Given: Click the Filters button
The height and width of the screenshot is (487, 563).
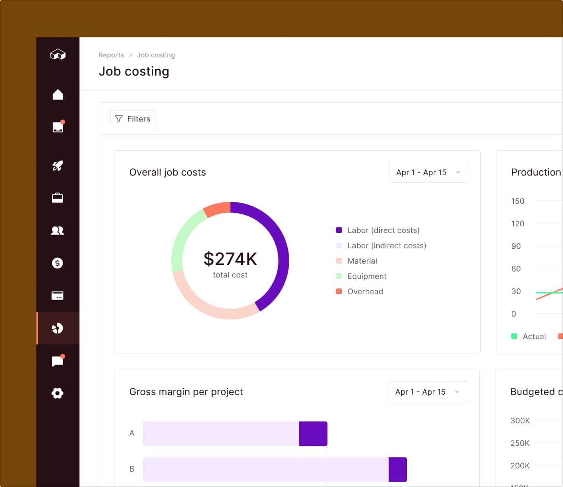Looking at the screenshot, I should pyautogui.click(x=134, y=119).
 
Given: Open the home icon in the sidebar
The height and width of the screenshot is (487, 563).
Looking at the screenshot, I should pyautogui.click(x=57, y=95).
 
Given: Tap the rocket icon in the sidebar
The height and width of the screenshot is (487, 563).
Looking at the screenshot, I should pyautogui.click(x=57, y=166).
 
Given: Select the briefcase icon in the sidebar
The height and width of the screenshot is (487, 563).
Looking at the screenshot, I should pyautogui.click(x=57, y=198).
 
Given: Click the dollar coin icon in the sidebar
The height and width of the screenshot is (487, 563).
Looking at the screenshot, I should pyautogui.click(x=57, y=263).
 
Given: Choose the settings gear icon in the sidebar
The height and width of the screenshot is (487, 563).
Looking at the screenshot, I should pyautogui.click(x=57, y=393).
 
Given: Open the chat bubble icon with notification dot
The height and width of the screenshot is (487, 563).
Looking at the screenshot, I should pyautogui.click(x=57, y=361).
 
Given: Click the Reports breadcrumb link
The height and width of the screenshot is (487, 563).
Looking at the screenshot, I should pyautogui.click(x=111, y=55).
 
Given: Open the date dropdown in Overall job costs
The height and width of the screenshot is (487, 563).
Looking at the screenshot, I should pyautogui.click(x=428, y=172).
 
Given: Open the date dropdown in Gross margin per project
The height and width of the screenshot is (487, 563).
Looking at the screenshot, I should pyautogui.click(x=428, y=392).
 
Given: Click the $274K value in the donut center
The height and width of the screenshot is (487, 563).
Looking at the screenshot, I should pyautogui.click(x=230, y=259).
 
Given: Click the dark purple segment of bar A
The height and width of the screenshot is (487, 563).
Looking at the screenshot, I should pyautogui.click(x=313, y=433).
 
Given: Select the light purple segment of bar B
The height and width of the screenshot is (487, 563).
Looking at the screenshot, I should pyautogui.click(x=265, y=469).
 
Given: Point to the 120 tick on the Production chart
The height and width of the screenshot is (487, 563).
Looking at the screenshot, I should pyautogui.click(x=518, y=223).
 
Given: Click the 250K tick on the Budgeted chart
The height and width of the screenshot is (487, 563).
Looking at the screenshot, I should pyautogui.click(x=520, y=443).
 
